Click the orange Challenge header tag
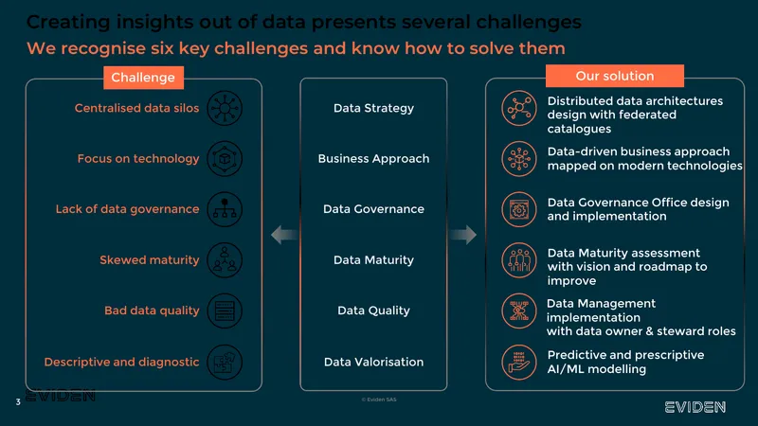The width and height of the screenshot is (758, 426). [x=144, y=78]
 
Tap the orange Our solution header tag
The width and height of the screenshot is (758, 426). [x=614, y=76]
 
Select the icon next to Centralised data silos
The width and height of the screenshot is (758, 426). [x=225, y=108]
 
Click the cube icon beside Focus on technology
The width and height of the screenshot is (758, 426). [x=225, y=158]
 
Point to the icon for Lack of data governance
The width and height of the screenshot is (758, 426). [x=225, y=209]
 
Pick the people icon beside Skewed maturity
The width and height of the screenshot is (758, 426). [x=225, y=259]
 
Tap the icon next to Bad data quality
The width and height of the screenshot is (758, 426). [x=225, y=311]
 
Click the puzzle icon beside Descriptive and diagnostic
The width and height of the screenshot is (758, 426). [x=225, y=362]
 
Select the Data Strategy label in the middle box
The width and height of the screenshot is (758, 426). [x=373, y=108]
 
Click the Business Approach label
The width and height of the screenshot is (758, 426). [x=373, y=158]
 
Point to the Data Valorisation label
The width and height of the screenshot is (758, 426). [x=373, y=362]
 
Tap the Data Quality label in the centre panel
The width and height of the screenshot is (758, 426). [x=373, y=311]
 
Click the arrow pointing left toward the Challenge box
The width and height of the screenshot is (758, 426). [x=285, y=235]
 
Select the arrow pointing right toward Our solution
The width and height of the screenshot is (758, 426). [x=462, y=235]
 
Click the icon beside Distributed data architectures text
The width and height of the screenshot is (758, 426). [x=518, y=108]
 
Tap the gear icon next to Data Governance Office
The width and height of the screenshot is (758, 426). [x=518, y=209]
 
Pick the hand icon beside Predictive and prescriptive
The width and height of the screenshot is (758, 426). [x=518, y=362]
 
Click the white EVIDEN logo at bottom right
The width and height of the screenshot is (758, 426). [x=695, y=407]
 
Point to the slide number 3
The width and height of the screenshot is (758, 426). [x=18, y=401]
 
